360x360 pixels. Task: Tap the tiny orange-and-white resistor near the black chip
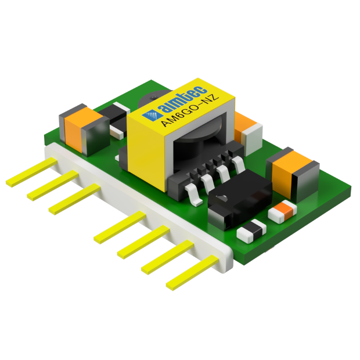[x=284, y=211]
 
